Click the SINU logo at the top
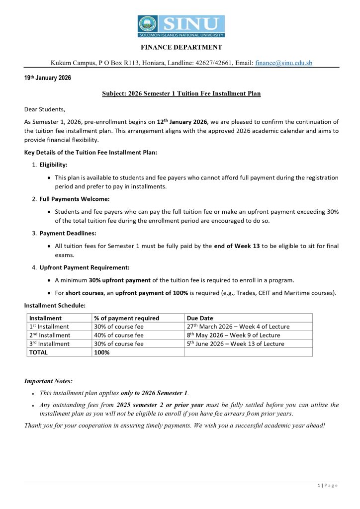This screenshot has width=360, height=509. pyautogui.click(x=181, y=26)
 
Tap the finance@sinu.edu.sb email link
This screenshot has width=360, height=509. pyautogui.click(x=283, y=63)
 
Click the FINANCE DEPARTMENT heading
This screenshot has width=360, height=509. pyautogui.click(x=181, y=47)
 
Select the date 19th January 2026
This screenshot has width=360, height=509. pyautogui.click(x=48, y=78)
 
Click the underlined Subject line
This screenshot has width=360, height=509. pyautogui.click(x=181, y=93)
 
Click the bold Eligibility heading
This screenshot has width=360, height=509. pyautogui.click(x=54, y=165)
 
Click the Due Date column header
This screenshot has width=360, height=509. pyautogui.click(x=199, y=318)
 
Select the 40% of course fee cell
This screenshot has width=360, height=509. pyautogui.click(x=119, y=335)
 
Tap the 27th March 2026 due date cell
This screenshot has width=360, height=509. pyautogui.click(x=238, y=327)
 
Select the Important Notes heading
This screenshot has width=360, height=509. pyautogui.click(x=48, y=381)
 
